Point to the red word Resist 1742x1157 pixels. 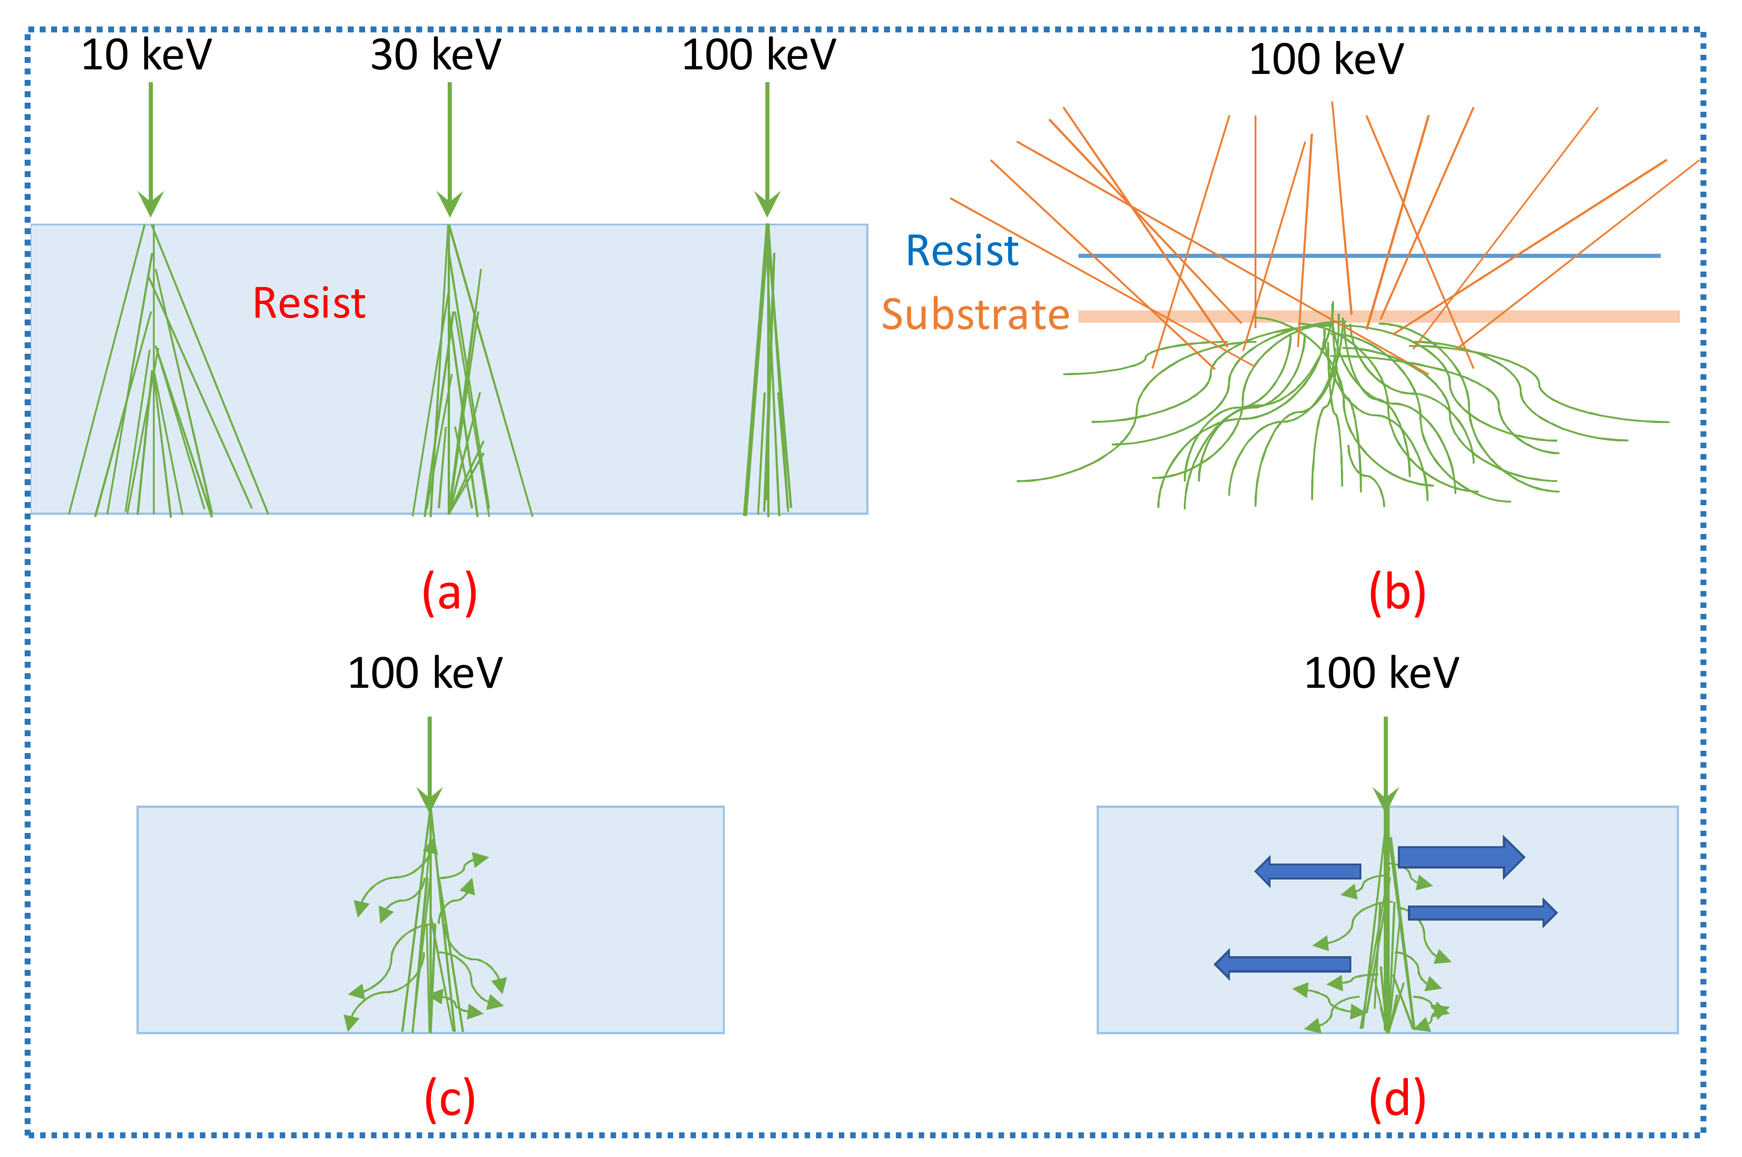coord(309,303)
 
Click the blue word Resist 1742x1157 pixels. coord(962,251)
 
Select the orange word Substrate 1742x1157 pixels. coord(975,314)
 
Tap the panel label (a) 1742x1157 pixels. coord(450,592)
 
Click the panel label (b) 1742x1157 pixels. coord(1397,592)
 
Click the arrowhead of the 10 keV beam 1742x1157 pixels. coord(151,203)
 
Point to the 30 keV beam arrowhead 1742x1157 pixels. coord(450,203)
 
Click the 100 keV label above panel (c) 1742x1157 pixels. coord(425,673)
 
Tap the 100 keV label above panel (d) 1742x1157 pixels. coord(1381,673)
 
